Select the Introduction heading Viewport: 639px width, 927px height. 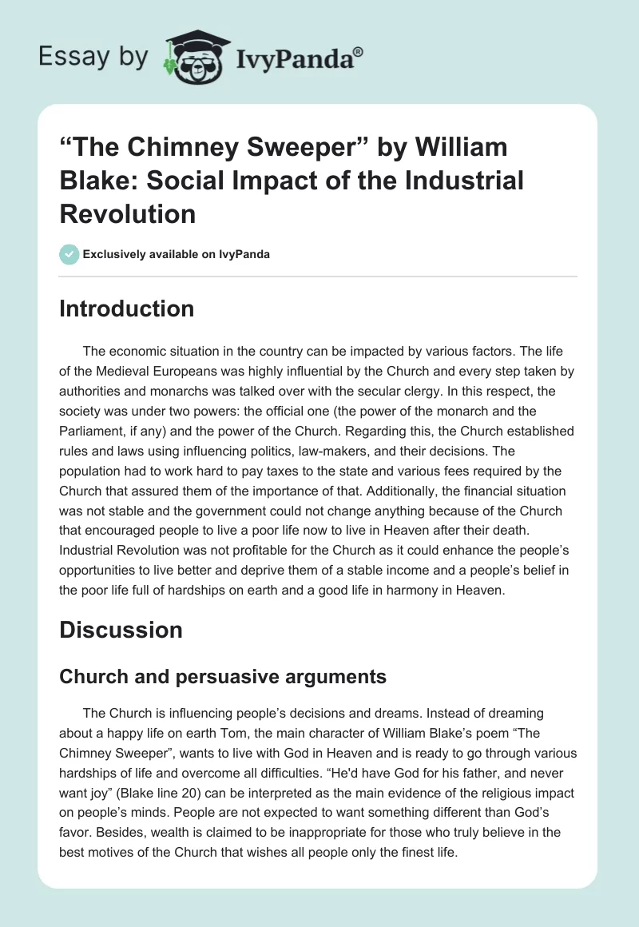click(126, 308)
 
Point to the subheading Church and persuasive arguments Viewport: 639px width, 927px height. click(223, 676)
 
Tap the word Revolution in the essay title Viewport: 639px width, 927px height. click(128, 213)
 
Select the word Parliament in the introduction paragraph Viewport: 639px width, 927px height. click(95, 432)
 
